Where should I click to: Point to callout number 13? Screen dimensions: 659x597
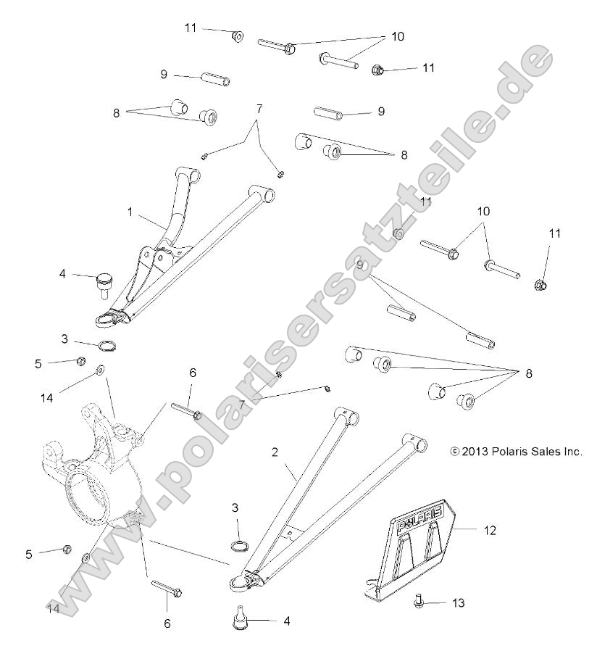pyautogui.click(x=457, y=602)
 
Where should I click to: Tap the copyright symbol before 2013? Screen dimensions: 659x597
pyautogui.click(x=454, y=451)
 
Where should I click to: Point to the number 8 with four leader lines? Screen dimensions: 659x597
pyautogui.click(x=528, y=373)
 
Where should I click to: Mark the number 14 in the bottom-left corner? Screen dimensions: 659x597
pyautogui.click(x=54, y=607)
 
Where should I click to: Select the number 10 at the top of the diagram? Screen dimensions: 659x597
pyautogui.click(x=398, y=35)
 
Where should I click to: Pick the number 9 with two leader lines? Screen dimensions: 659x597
pyautogui.click(x=359, y=266)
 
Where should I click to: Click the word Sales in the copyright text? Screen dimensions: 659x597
pyautogui.click(x=538, y=451)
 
